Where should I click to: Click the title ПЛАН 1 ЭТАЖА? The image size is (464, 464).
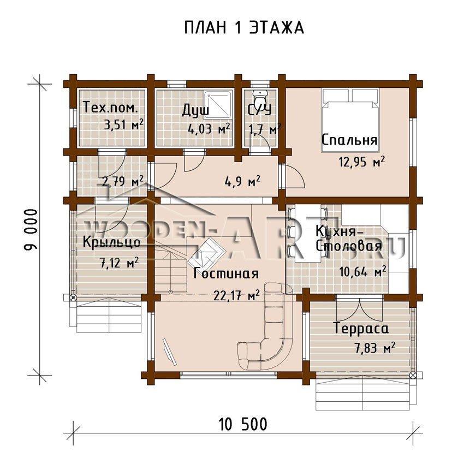pyautogui.click(x=244, y=28)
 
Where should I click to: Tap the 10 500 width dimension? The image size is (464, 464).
pyautogui.click(x=243, y=424)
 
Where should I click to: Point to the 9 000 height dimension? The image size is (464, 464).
pyautogui.click(x=31, y=230)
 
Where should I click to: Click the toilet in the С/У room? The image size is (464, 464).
pyautogui.click(x=260, y=96)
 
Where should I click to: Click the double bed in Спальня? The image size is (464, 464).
pyautogui.click(x=350, y=120)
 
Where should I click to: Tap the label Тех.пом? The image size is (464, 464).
pyautogui.click(x=110, y=108)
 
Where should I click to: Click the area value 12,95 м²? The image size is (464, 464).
pyautogui.click(x=361, y=162)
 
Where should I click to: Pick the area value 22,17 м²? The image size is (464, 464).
pyautogui.click(x=237, y=295)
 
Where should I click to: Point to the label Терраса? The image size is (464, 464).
pyautogui.click(x=361, y=328)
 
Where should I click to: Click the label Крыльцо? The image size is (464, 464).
pyautogui.click(x=111, y=242)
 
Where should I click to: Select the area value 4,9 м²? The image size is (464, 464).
pyautogui.click(x=243, y=181)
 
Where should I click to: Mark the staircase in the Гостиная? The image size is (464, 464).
pyautogui.click(x=171, y=265)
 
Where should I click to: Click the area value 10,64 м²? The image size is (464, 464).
pyautogui.click(x=363, y=272)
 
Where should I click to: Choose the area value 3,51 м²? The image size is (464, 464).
pyautogui.click(x=124, y=124)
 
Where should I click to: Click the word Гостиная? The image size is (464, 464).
pyautogui.click(x=226, y=273)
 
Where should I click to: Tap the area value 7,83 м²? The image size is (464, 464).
pyautogui.click(x=375, y=348)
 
